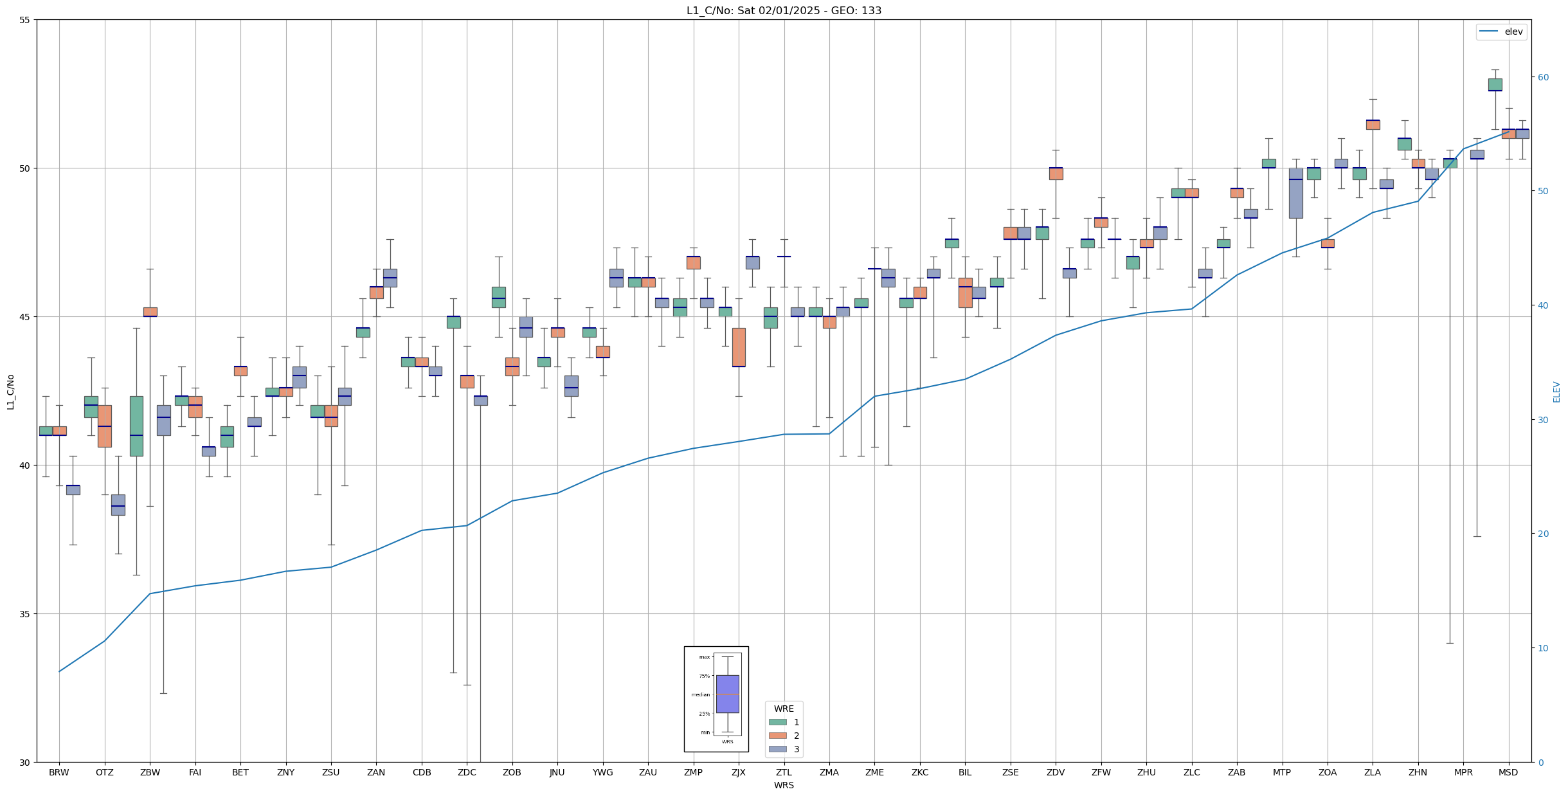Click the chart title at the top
pos(784,10)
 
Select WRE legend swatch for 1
pos(777,722)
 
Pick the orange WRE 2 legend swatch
pos(777,736)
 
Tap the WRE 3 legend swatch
pos(777,749)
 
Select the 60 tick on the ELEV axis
pos(1542,77)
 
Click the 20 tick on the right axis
pos(1542,534)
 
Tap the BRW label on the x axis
pos(59,772)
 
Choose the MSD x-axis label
pos(1508,772)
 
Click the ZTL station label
pos(784,772)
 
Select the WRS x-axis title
pos(784,785)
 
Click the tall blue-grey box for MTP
pos(1295,193)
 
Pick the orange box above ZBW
pos(150,312)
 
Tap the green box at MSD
pos(1495,84)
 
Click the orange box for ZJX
pos(739,347)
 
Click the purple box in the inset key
pos(727,694)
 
